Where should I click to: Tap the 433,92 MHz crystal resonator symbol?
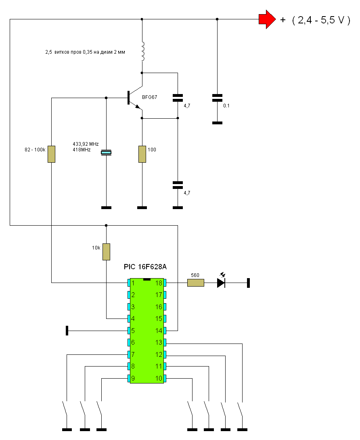(x=106, y=152)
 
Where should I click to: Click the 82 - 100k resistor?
(x=51, y=154)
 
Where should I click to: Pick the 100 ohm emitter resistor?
(x=142, y=154)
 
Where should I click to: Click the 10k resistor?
(x=106, y=252)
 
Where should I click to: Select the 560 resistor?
(x=196, y=283)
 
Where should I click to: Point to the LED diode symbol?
(x=222, y=282)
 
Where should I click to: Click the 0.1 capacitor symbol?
(x=217, y=98)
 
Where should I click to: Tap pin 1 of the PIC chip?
(x=129, y=283)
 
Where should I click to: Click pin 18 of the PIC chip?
(x=165, y=283)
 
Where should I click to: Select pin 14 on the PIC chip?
(x=165, y=331)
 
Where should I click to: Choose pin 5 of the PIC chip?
(x=129, y=331)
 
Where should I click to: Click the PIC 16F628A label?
(x=145, y=266)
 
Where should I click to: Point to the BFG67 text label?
(x=150, y=97)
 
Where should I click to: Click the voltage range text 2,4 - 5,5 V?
(x=321, y=20)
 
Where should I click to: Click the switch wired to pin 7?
(x=65, y=408)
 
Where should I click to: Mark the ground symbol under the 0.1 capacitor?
(x=217, y=123)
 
